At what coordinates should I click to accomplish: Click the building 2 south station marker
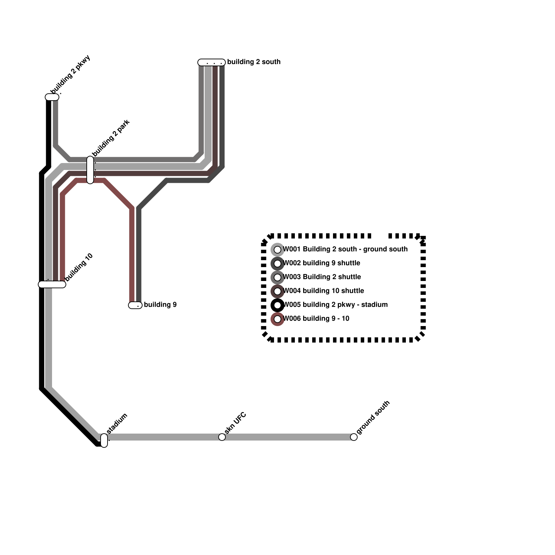[x=212, y=62]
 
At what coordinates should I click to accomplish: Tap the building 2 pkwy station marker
[x=52, y=97]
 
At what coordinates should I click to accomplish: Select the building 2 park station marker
[x=90, y=170]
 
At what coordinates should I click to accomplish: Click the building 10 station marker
[x=52, y=284]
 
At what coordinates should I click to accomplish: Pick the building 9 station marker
[x=135, y=305]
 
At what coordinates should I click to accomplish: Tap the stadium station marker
[x=104, y=441]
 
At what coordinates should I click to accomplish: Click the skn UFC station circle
[x=222, y=437]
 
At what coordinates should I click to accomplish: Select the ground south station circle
[x=354, y=437]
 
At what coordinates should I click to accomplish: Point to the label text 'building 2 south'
[x=254, y=62]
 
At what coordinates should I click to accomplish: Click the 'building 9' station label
[x=160, y=305]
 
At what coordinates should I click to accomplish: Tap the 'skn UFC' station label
[x=235, y=423]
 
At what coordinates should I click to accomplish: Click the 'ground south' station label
[x=373, y=418]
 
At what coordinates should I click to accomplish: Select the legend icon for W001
[x=277, y=250]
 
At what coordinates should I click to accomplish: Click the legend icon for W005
[x=277, y=305]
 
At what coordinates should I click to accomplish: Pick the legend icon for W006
[x=277, y=319]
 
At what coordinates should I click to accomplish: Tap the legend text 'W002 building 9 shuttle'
[x=322, y=263]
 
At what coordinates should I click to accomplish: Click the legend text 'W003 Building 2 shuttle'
[x=322, y=277]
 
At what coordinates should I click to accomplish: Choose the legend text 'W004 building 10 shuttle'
[x=324, y=291]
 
